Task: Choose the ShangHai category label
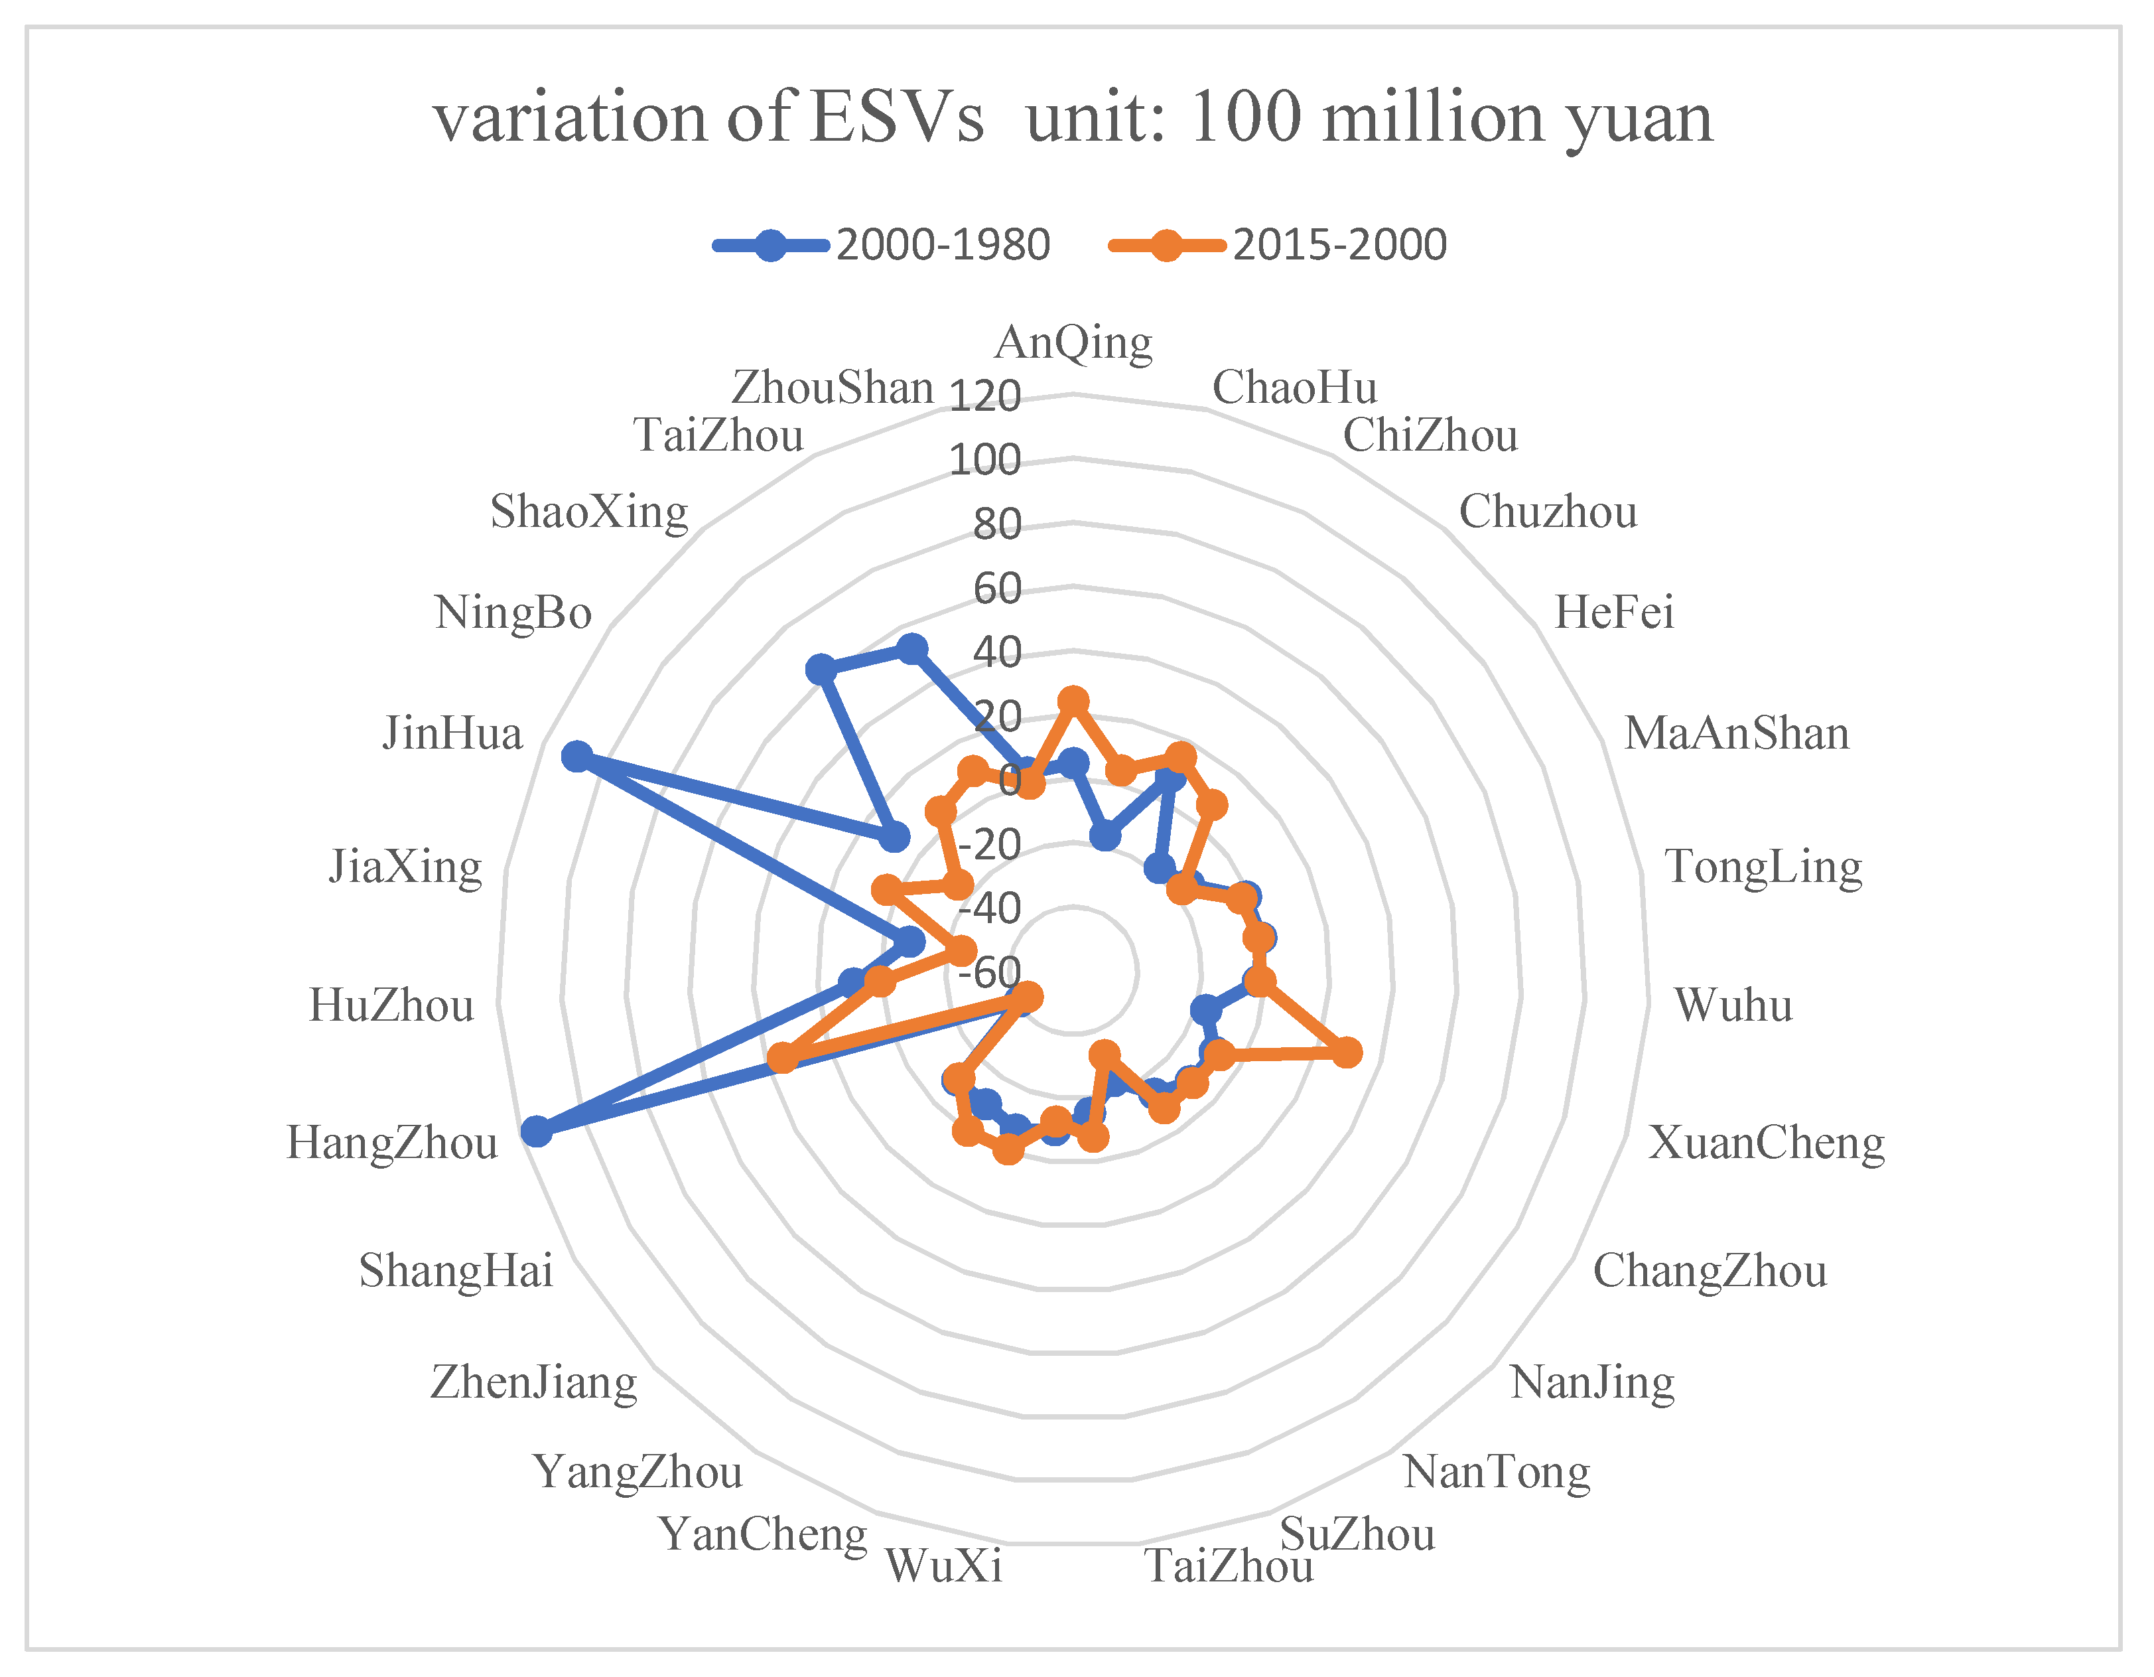click(x=456, y=1271)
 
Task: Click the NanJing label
click(x=1593, y=1383)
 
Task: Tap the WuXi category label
click(x=944, y=1566)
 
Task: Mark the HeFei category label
click(x=1615, y=613)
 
